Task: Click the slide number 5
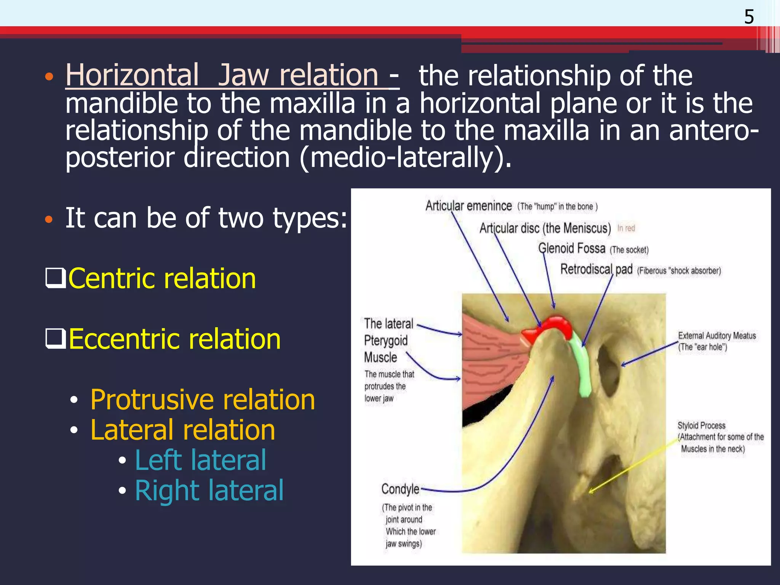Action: (x=749, y=17)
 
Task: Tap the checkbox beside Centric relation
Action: (x=55, y=278)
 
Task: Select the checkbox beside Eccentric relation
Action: (x=55, y=338)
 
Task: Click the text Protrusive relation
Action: (x=203, y=400)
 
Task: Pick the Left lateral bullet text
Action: (x=200, y=460)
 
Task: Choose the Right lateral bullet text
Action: (x=209, y=491)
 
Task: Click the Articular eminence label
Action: (x=468, y=206)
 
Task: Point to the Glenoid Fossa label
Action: (x=571, y=249)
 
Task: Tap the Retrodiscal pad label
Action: (x=596, y=270)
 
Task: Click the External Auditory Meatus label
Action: (x=717, y=336)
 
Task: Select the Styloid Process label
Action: (x=701, y=425)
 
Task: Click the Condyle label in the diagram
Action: (x=400, y=489)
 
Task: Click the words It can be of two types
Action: (x=206, y=218)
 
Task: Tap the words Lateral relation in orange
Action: (x=183, y=430)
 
